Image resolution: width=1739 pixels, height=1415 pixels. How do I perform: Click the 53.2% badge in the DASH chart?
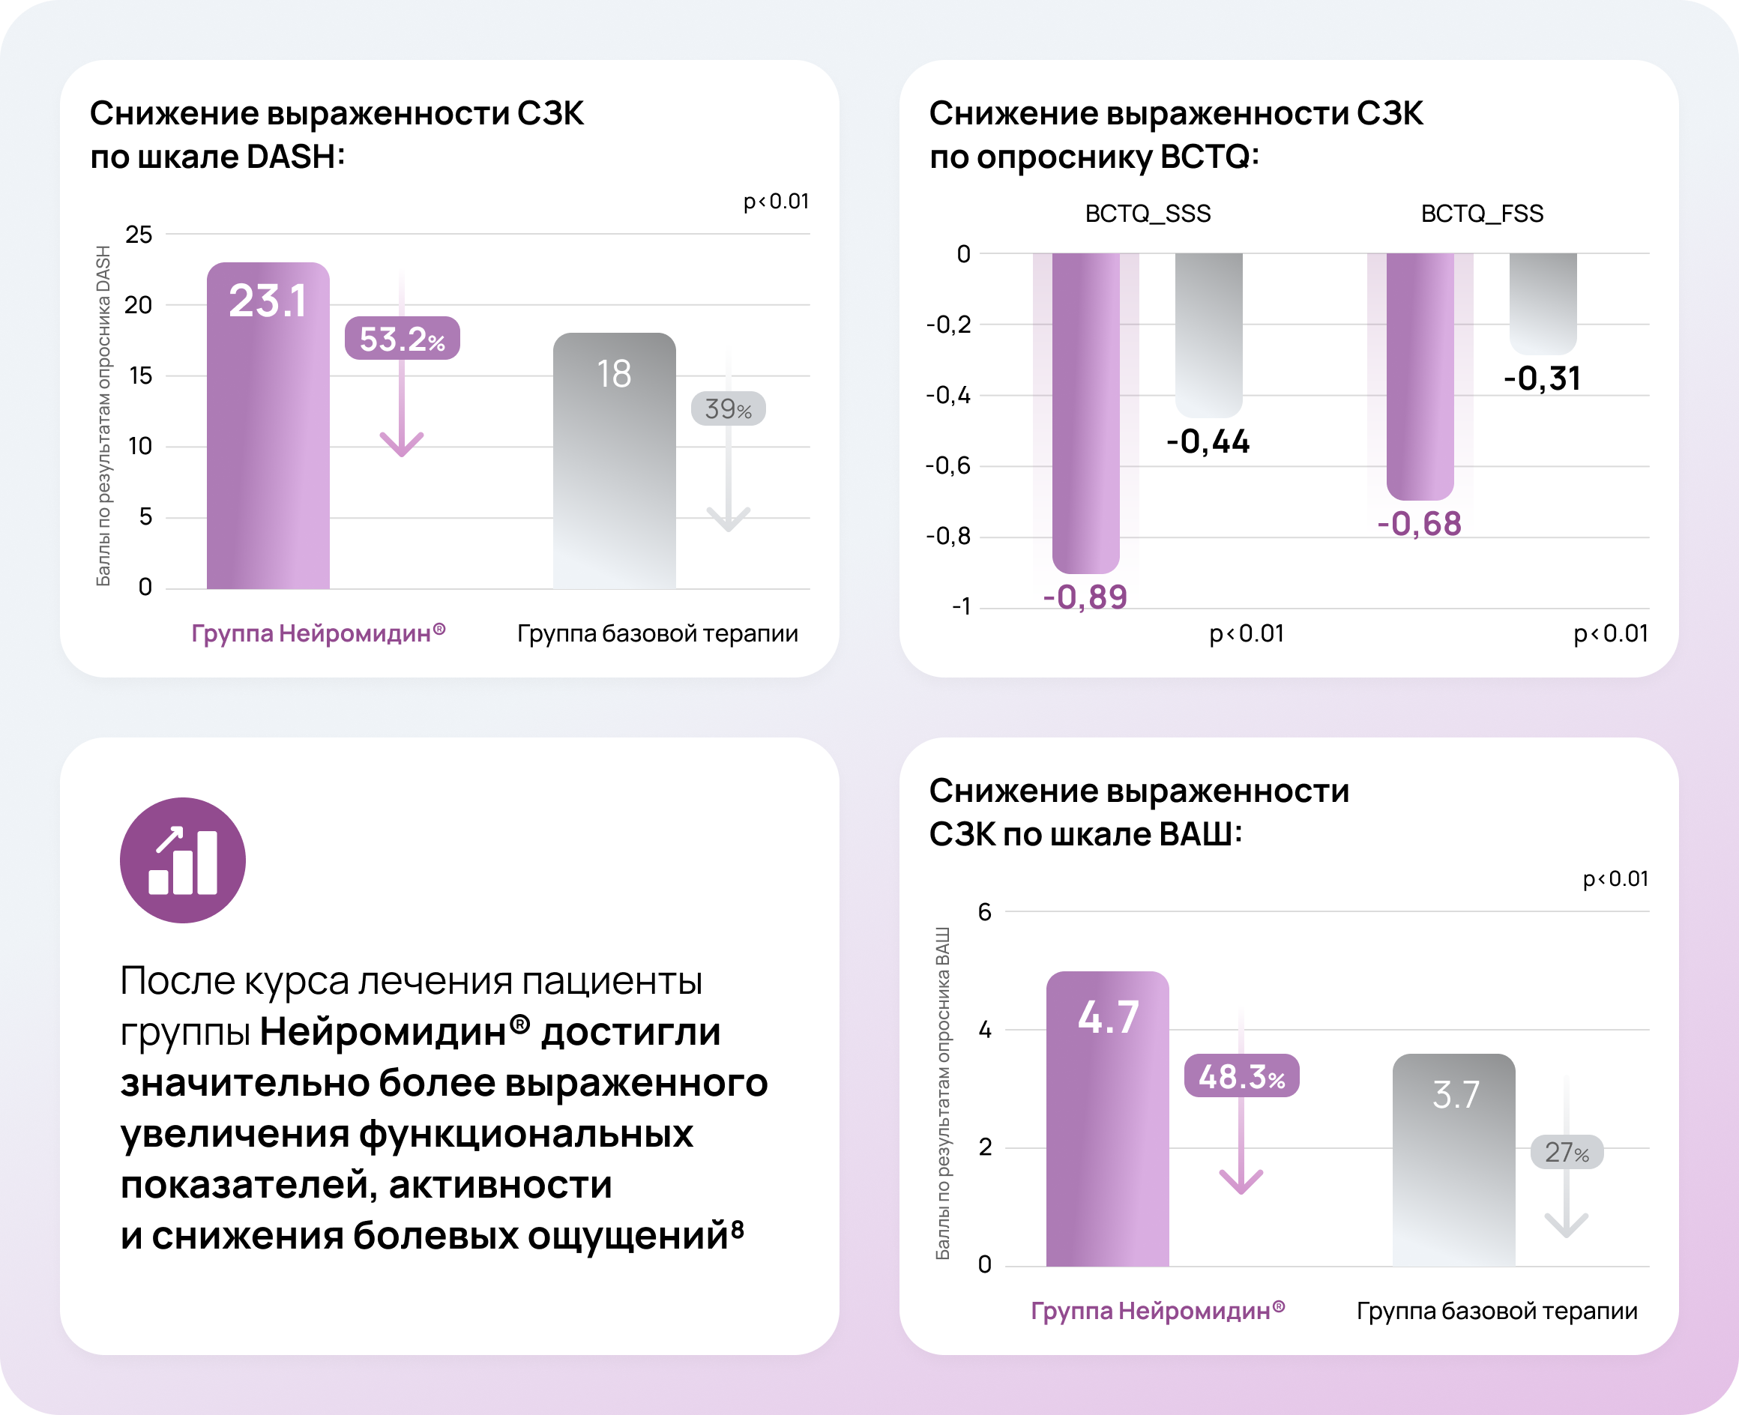[x=402, y=338]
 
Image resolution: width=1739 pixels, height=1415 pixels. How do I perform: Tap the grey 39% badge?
[x=728, y=408]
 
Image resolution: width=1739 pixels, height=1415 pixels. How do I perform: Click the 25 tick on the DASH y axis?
[x=139, y=235]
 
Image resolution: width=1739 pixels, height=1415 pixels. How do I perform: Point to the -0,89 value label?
[x=1085, y=597]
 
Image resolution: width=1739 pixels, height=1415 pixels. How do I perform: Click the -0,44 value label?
[x=1208, y=441]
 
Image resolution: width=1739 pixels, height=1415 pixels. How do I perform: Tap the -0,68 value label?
[x=1420, y=523]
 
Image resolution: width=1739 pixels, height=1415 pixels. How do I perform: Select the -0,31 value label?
[x=1542, y=378]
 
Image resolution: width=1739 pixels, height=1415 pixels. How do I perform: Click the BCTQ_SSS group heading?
[x=1147, y=214]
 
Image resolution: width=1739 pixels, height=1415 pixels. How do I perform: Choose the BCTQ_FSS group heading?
[x=1481, y=214]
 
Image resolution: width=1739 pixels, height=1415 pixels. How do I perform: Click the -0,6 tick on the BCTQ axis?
[x=948, y=466]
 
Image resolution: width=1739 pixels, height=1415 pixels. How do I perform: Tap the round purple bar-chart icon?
[x=183, y=860]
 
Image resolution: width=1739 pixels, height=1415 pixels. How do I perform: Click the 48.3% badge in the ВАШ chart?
[x=1241, y=1076]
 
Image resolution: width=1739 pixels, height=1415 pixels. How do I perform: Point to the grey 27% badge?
[x=1566, y=1152]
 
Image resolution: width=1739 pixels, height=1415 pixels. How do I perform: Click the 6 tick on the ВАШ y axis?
[x=985, y=912]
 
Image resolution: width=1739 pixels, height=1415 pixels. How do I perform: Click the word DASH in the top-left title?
[x=290, y=157]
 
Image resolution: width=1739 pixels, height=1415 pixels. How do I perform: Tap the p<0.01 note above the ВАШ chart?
[x=1615, y=878]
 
